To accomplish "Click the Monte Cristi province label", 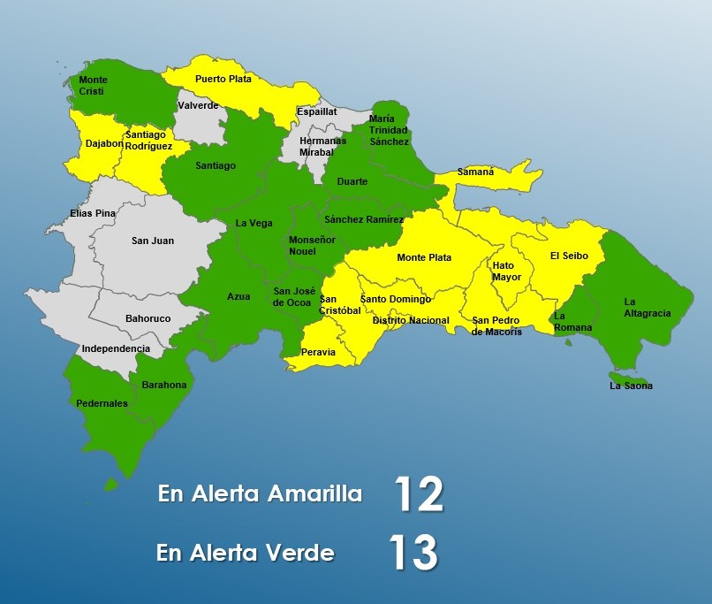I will (x=93, y=86).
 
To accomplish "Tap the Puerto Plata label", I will (x=223, y=79).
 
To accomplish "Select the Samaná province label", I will (x=476, y=172).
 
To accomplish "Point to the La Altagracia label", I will (x=647, y=307).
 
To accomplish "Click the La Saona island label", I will (x=632, y=386).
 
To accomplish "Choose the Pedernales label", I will (x=102, y=403).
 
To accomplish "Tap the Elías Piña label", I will (x=93, y=213).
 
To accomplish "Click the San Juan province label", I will (x=153, y=241).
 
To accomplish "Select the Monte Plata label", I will (x=424, y=257).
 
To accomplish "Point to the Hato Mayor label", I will (x=506, y=271).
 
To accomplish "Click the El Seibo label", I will (x=567, y=256).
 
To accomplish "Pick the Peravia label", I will (x=319, y=351).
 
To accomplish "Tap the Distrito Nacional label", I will (x=410, y=320).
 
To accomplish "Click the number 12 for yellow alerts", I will (x=418, y=494).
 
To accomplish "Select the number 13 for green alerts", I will (x=413, y=553).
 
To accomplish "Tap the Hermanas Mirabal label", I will (x=323, y=146).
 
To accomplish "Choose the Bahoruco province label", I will (x=148, y=317).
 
